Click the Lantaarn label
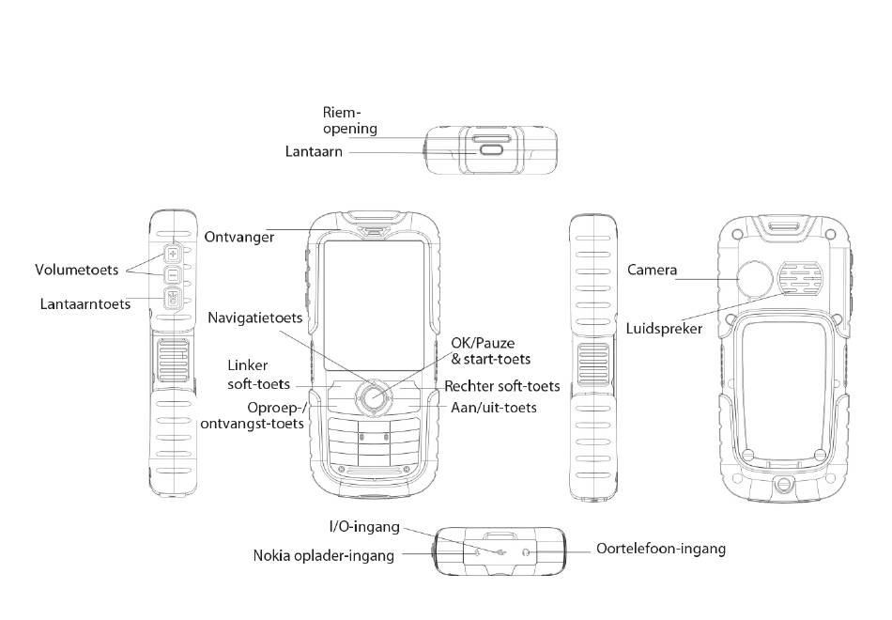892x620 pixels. pos(314,151)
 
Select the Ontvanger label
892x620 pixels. pos(239,237)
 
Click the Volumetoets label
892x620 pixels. pos(77,270)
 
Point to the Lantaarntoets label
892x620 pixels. pos(85,304)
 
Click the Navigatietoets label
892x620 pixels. pos(255,318)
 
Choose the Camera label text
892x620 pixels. pos(652,271)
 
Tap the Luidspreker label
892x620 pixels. pos(664,329)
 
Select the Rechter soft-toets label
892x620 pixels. pos(501,386)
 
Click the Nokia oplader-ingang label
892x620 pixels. pos(323,555)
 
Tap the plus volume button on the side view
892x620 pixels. pos(173,253)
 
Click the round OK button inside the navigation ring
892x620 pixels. pos(373,397)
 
